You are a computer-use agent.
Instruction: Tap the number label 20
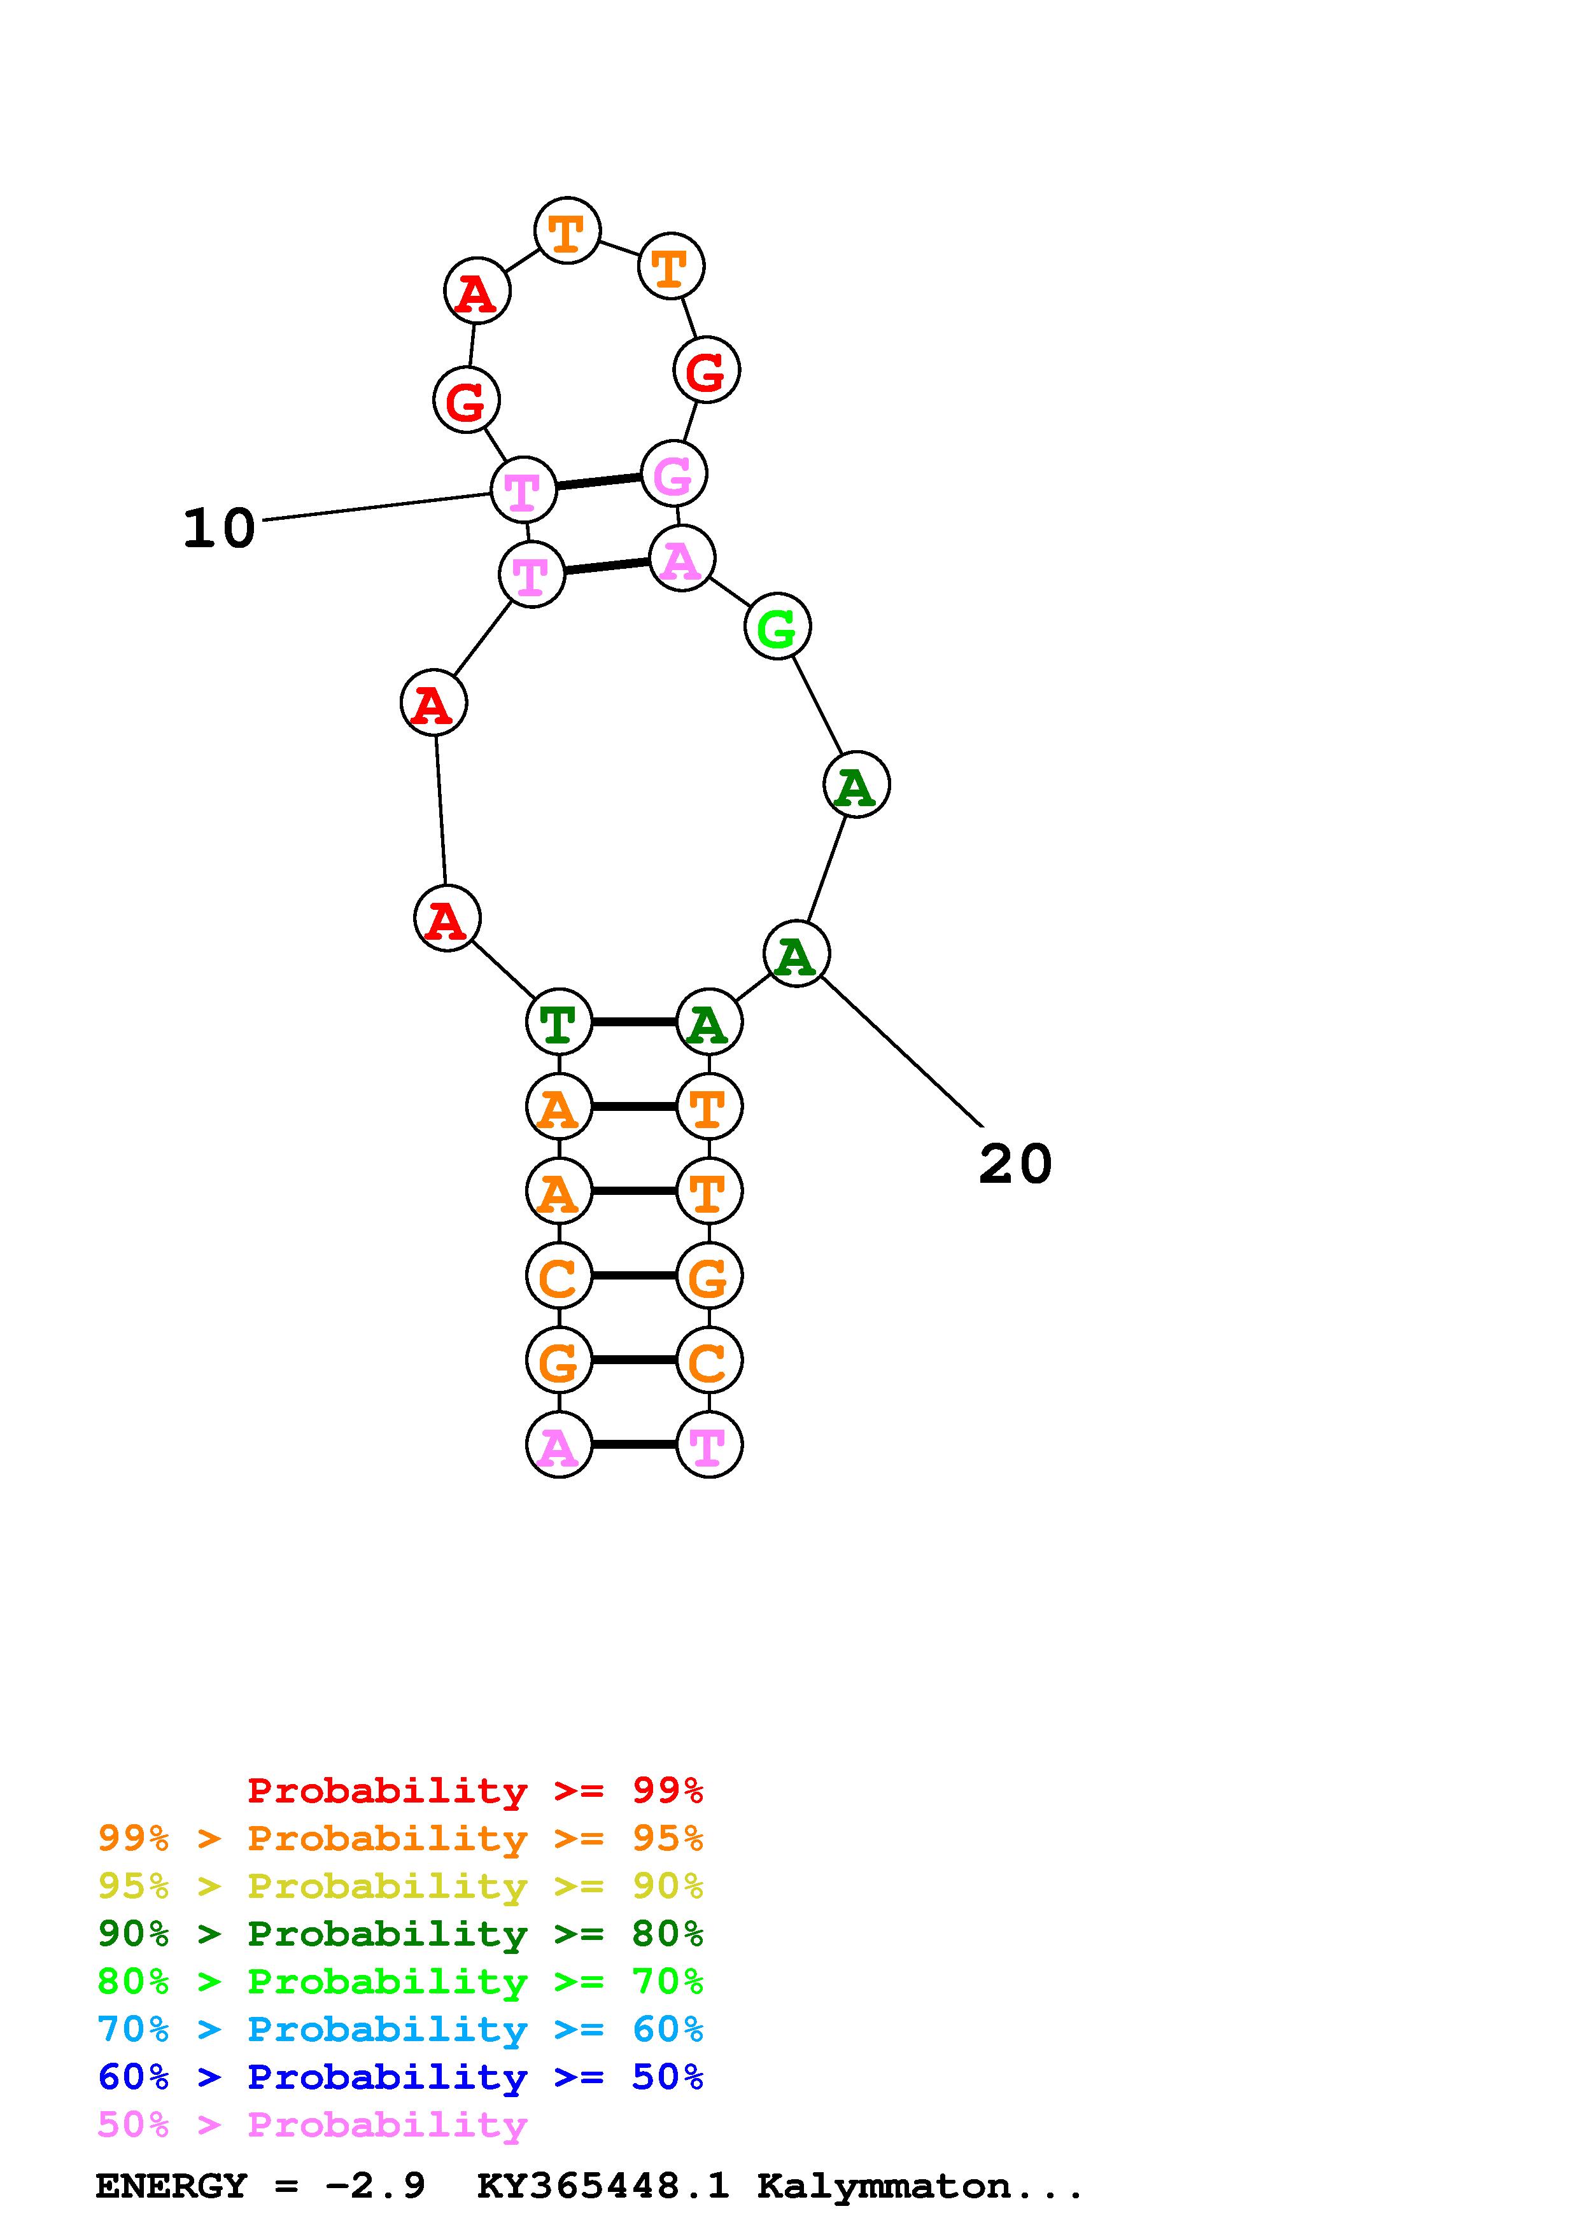tap(1015, 1164)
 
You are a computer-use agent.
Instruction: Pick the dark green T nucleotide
tap(559, 1022)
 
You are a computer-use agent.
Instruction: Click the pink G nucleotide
tap(674, 475)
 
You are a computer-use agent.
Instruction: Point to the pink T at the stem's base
tap(708, 1444)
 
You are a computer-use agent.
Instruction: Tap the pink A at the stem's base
tap(559, 1444)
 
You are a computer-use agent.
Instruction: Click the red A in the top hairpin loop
tap(476, 291)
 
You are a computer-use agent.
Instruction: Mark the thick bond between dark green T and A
tap(634, 1022)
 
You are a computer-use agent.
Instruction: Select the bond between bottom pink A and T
tap(634, 1444)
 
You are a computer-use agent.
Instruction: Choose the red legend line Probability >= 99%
tap(476, 1790)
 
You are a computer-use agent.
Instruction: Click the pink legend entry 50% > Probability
tap(312, 2124)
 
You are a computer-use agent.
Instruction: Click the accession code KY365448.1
tap(603, 2186)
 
